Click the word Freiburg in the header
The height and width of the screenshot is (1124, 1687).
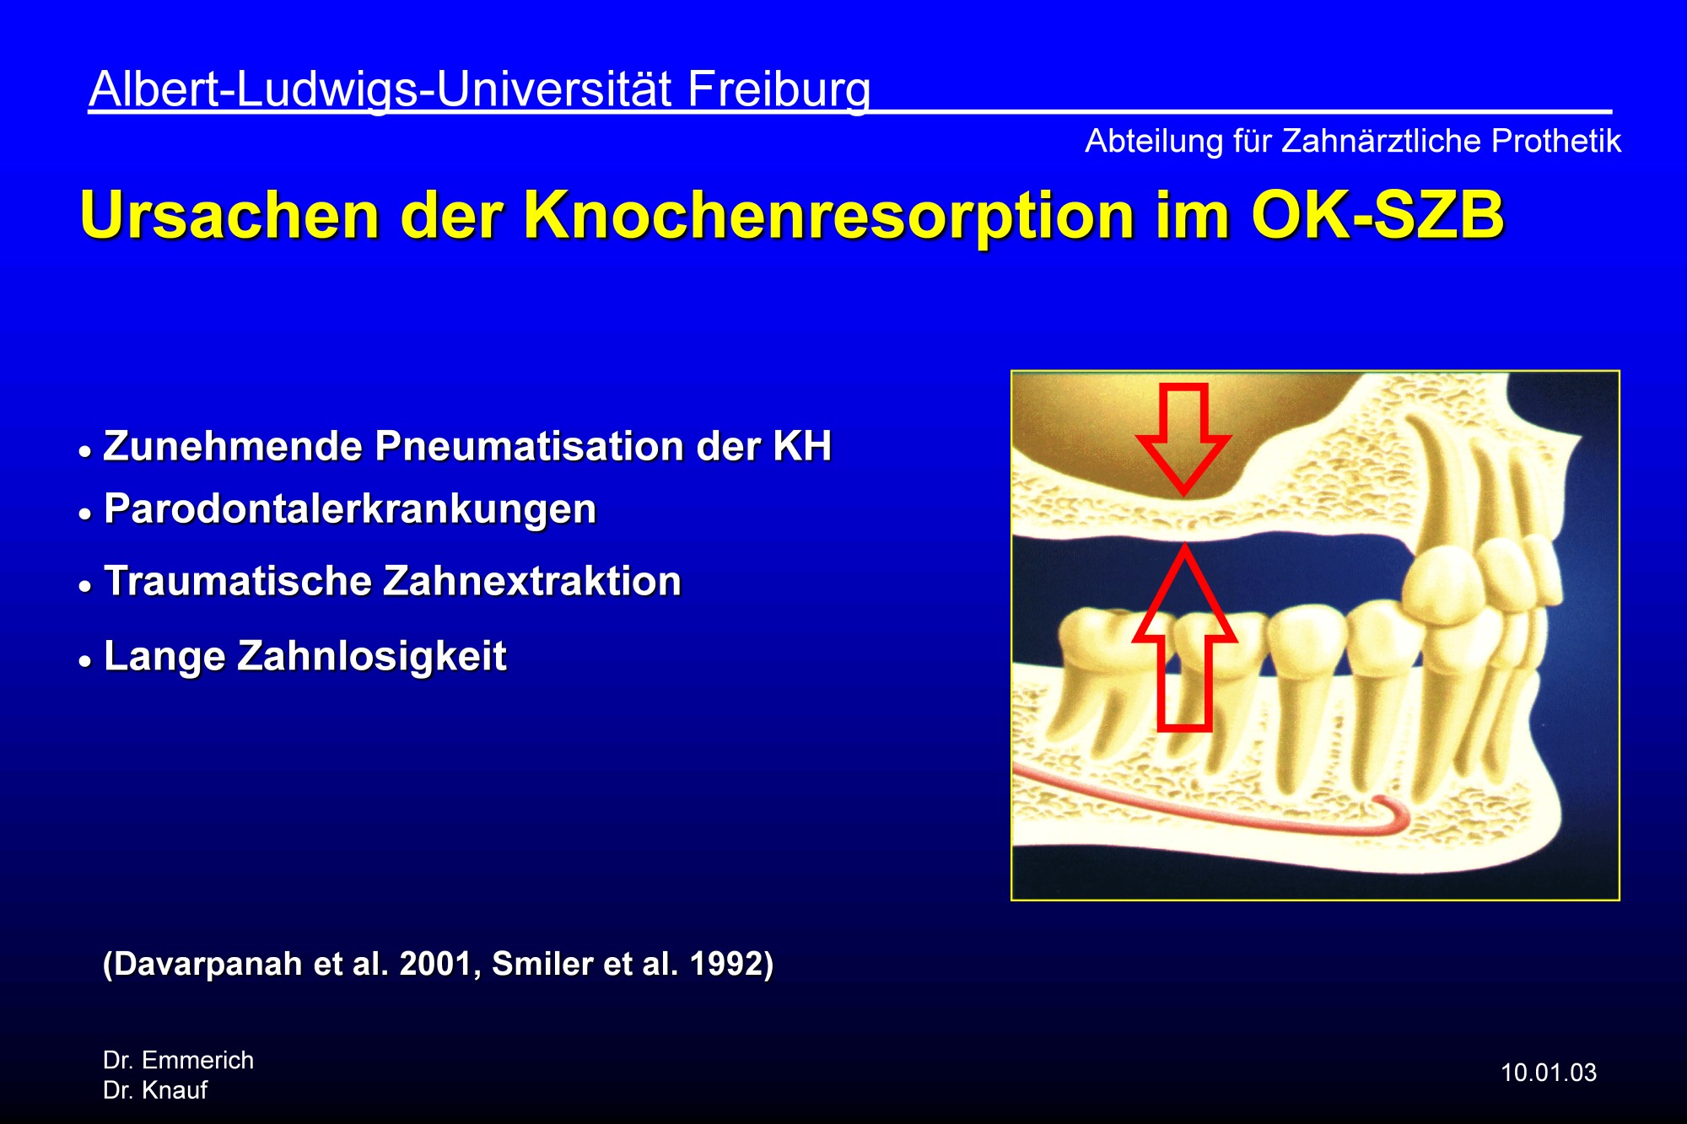click(779, 90)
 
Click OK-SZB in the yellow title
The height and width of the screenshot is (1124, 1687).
click(1377, 215)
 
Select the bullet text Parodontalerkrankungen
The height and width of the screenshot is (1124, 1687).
click(350, 509)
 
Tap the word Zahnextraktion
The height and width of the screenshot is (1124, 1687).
click(532, 581)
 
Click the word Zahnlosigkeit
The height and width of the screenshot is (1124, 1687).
click(372, 656)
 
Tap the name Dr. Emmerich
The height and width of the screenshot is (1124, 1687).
click(178, 1060)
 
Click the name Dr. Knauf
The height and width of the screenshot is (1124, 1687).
click(155, 1090)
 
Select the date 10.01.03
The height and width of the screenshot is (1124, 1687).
click(1549, 1073)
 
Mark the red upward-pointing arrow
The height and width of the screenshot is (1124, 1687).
click(1184, 637)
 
